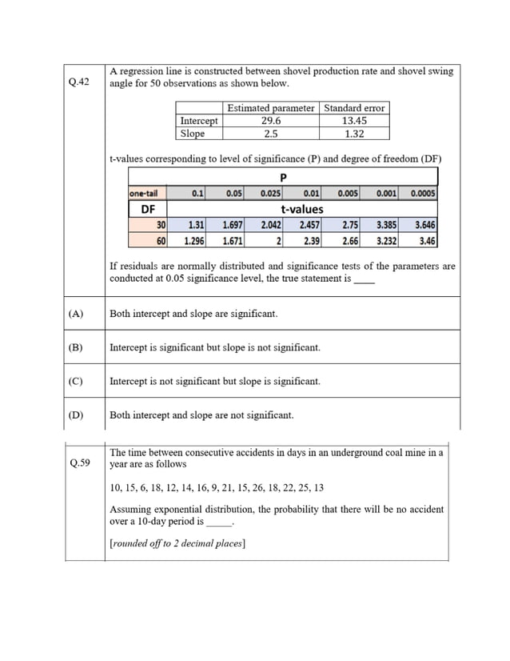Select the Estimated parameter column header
click(271, 108)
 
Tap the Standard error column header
click(354, 108)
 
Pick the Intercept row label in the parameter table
click(198, 121)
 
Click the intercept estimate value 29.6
click(271, 121)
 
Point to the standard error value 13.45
click(354, 121)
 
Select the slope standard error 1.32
click(354, 134)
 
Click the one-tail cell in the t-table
click(143, 193)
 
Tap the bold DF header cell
click(148, 209)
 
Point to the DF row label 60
click(161, 240)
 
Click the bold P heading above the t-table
click(283, 178)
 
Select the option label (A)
click(77, 314)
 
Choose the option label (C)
click(77, 381)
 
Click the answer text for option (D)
click(201, 415)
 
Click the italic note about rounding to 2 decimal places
click(177, 543)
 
